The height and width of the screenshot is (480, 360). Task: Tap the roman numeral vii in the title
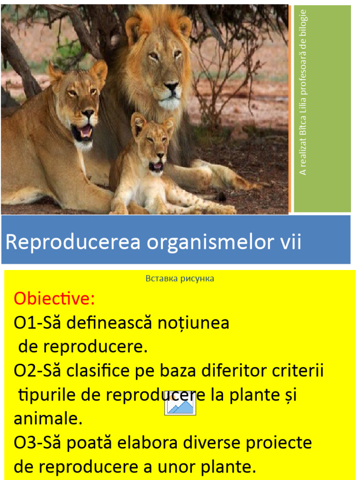click(291, 242)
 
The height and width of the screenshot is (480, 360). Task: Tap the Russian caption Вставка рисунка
click(180, 278)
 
